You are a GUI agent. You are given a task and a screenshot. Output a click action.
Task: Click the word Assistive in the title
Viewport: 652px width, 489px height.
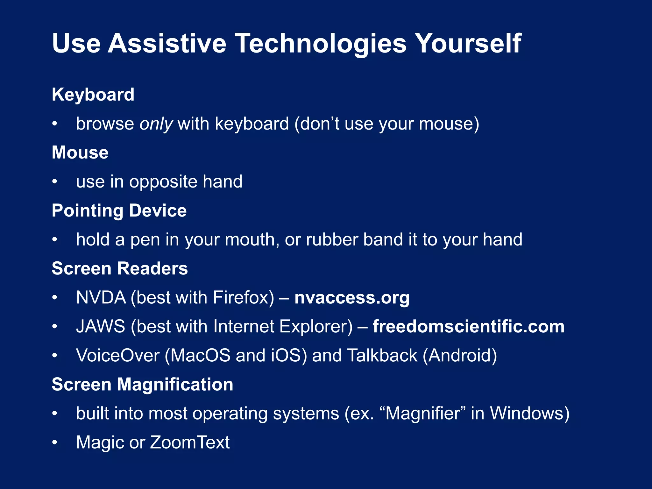pyautogui.click(x=167, y=44)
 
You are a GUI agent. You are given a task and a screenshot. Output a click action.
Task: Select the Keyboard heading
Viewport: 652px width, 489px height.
pyautogui.click(x=93, y=95)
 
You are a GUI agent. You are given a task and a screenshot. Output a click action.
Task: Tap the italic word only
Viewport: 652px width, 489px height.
pyautogui.click(x=156, y=124)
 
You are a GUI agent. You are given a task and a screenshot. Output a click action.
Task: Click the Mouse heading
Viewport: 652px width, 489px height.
pyautogui.click(x=80, y=152)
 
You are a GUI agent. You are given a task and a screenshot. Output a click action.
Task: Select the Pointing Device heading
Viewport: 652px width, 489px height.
pyautogui.click(x=119, y=211)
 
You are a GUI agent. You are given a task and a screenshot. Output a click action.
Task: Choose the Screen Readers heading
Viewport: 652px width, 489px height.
pyautogui.click(x=120, y=269)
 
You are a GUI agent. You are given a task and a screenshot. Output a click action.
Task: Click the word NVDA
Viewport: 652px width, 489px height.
pyautogui.click(x=101, y=298)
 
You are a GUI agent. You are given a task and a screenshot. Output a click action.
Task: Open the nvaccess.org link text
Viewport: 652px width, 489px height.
pyautogui.click(x=352, y=298)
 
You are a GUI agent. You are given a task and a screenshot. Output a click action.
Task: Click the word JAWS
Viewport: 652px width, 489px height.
pyautogui.click(x=101, y=327)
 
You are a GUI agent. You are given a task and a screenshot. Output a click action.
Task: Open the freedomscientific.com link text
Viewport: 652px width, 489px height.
pyautogui.click(x=468, y=327)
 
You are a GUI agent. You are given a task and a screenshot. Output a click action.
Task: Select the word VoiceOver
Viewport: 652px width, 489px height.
pyautogui.click(x=118, y=356)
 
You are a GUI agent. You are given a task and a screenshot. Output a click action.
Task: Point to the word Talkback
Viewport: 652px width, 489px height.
pyautogui.click(x=382, y=356)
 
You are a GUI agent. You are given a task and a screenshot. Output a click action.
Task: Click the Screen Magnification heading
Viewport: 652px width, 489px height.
pyautogui.click(x=142, y=385)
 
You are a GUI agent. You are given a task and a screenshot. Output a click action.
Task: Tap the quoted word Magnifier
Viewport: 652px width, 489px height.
pyautogui.click(x=423, y=414)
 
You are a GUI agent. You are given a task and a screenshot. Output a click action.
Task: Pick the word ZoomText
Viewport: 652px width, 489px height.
pyautogui.click(x=190, y=443)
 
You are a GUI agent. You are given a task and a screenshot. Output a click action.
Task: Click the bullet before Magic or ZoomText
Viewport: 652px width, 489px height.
pyautogui.click(x=55, y=443)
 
